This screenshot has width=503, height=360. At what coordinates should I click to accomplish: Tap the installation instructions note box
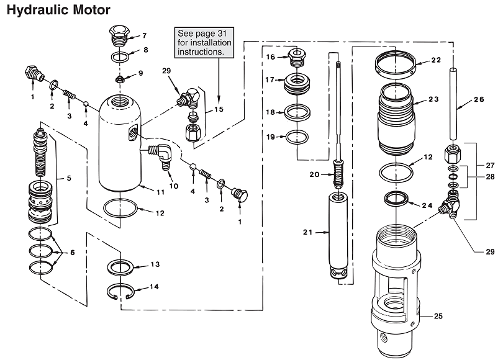point(204,43)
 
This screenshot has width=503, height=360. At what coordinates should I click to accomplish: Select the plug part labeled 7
point(119,36)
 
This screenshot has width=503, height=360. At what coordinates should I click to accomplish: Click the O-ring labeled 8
point(121,56)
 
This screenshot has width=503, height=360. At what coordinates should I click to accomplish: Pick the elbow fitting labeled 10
point(163,155)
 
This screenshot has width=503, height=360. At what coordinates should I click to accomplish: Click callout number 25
point(438,317)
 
